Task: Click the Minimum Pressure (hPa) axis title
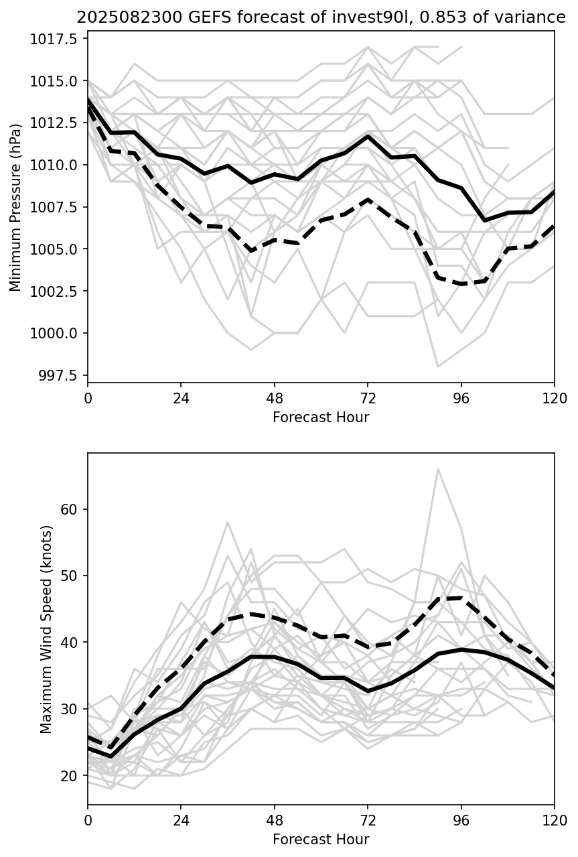click(x=15, y=207)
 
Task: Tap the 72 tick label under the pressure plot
click(x=368, y=399)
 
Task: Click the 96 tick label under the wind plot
click(x=461, y=821)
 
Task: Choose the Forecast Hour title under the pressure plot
click(x=321, y=417)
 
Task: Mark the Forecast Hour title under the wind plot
click(x=321, y=839)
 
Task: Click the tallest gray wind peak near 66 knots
click(x=438, y=469)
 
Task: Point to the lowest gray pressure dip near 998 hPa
click(x=438, y=367)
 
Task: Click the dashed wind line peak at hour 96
click(x=461, y=598)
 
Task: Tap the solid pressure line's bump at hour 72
click(x=368, y=136)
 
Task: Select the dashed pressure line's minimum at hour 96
click(x=461, y=284)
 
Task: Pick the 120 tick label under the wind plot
click(x=554, y=821)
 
